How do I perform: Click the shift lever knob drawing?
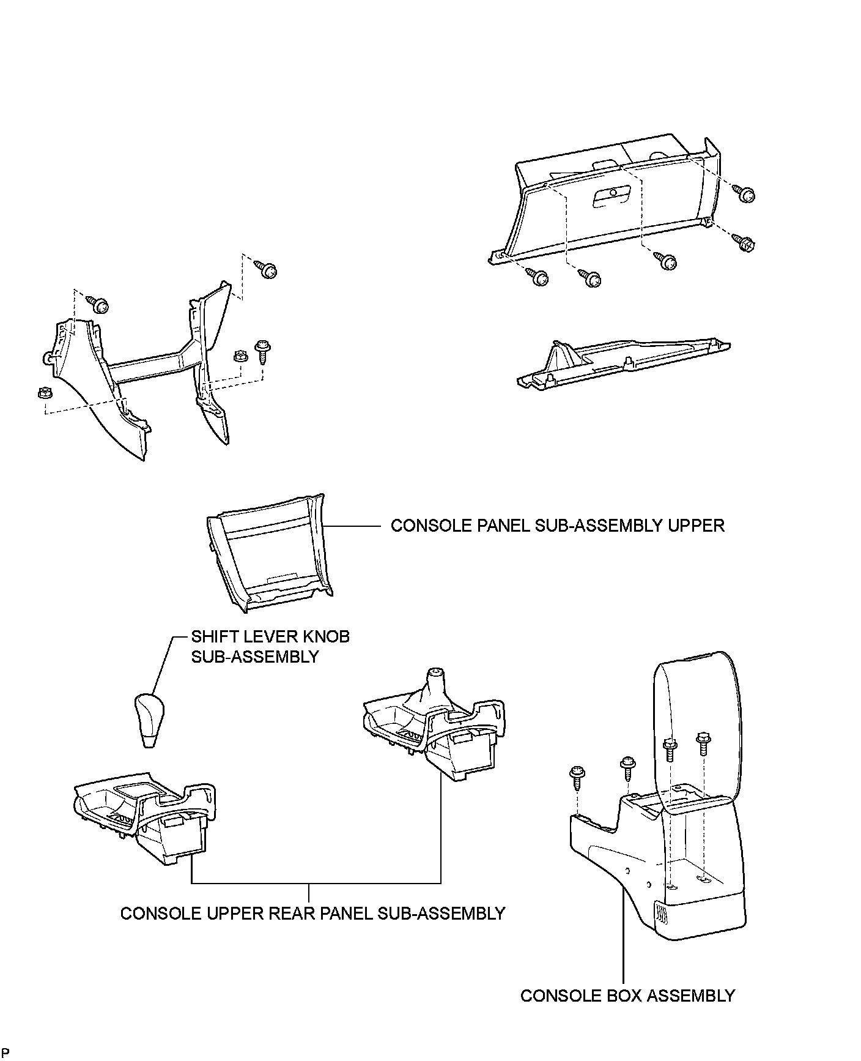click(x=149, y=720)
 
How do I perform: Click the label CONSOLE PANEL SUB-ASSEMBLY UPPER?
click(x=557, y=526)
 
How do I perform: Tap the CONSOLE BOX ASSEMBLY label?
click(x=627, y=996)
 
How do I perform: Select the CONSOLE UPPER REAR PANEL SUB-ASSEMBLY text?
click(x=312, y=913)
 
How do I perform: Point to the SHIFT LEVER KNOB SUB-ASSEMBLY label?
click(x=270, y=646)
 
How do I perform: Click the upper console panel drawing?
click(x=269, y=554)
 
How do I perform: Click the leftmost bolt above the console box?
click(x=577, y=776)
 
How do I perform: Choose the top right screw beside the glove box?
click(x=747, y=194)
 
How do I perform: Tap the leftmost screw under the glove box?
click(x=539, y=278)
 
